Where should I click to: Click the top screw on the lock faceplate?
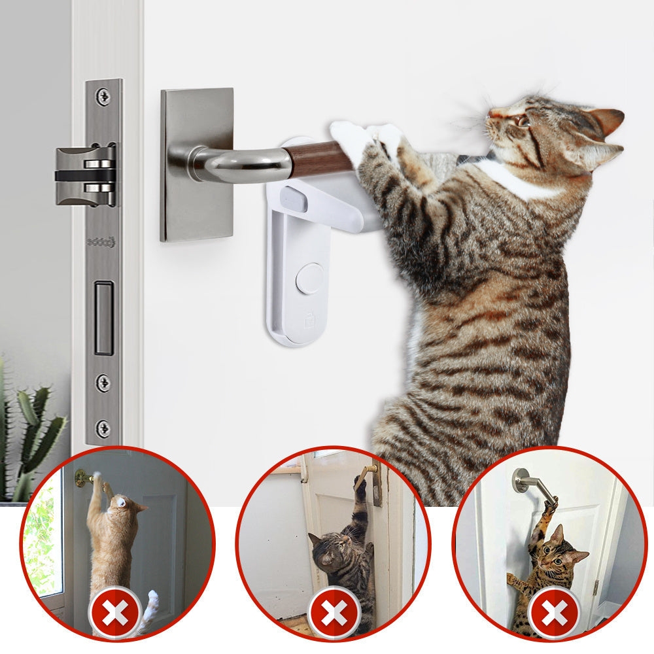click(x=103, y=97)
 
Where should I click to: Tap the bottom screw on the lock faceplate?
click(x=103, y=428)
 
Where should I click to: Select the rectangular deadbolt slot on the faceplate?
click(x=103, y=318)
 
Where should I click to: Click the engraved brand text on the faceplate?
click(x=101, y=242)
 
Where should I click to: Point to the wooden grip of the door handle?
click(x=311, y=159)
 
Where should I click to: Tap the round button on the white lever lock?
click(x=309, y=279)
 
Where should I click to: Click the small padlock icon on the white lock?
click(x=309, y=320)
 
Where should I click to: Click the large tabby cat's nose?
click(x=491, y=114)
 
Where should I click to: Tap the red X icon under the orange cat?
click(x=115, y=613)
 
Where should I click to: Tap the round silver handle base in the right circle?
click(x=521, y=480)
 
